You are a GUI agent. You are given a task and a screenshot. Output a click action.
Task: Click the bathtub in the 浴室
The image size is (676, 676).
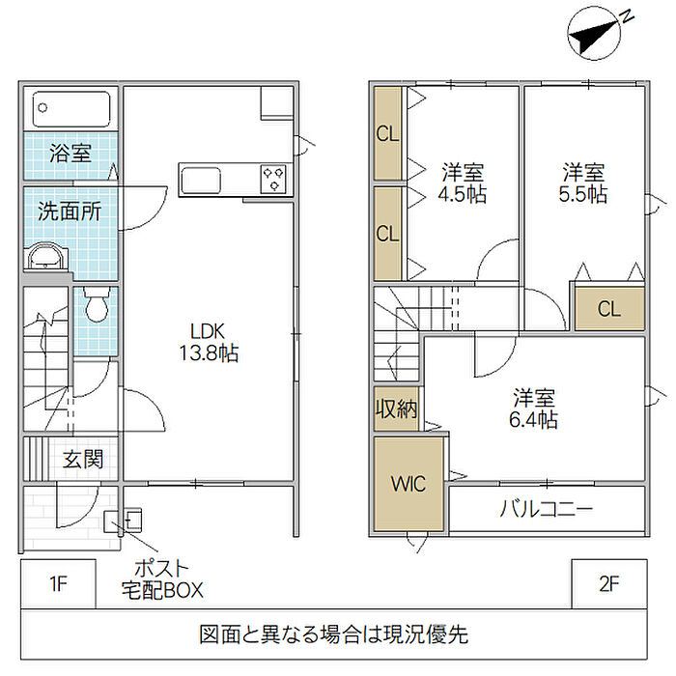[71, 108]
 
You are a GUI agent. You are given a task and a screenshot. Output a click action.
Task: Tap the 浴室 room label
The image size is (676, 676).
[70, 153]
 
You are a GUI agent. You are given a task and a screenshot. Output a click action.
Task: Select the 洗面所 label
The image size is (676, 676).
[70, 211]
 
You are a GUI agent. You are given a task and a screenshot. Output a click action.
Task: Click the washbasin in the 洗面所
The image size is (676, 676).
[46, 257]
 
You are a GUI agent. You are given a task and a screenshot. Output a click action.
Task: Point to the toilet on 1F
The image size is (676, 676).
[97, 304]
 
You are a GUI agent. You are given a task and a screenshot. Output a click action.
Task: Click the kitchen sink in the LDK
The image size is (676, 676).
[201, 181]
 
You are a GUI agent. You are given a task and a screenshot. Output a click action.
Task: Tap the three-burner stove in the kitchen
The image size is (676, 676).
[273, 179]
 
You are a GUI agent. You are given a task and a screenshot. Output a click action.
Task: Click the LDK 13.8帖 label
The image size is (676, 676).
[209, 342]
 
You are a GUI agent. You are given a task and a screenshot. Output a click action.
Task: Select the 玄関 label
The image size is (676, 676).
[83, 459]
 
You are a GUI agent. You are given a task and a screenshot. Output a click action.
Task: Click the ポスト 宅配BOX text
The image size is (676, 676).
[162, 579]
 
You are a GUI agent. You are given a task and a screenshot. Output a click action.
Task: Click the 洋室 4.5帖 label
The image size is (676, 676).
[463, 183]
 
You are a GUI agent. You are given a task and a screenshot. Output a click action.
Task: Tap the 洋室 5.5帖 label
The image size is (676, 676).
[583, 183]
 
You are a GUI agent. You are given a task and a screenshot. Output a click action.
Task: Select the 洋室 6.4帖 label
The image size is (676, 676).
[534, 408]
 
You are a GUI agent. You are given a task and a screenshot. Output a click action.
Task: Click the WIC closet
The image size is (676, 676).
[408, 484]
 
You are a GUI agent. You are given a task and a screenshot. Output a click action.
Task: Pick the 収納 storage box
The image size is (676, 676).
[396, 408]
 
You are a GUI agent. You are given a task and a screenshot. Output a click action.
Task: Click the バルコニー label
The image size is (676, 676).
[547, 509]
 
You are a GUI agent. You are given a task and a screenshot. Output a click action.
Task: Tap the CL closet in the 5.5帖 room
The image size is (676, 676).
[609, 309]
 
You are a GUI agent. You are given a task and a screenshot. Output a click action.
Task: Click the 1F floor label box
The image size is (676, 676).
[58, 583]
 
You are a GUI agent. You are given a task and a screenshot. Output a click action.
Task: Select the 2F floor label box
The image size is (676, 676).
[609, 583]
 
